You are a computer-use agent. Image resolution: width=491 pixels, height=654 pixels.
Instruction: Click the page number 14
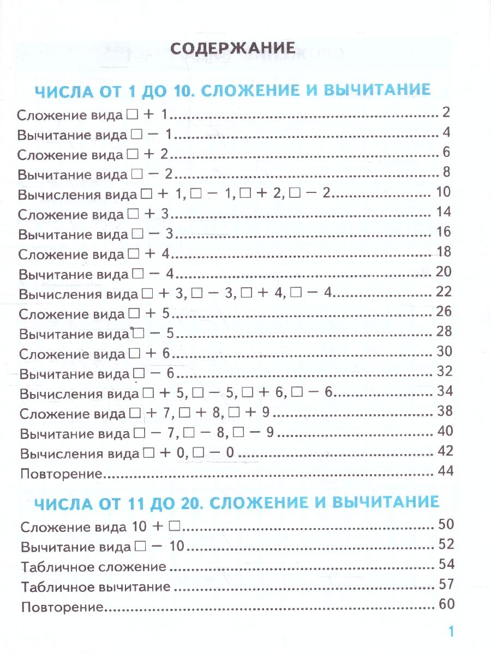[444, 213]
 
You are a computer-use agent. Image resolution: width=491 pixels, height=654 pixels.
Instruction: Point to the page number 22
[444, 292]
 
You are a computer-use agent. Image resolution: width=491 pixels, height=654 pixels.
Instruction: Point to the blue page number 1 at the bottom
[450, 632]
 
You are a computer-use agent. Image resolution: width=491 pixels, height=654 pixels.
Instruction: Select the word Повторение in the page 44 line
[62, 473]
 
